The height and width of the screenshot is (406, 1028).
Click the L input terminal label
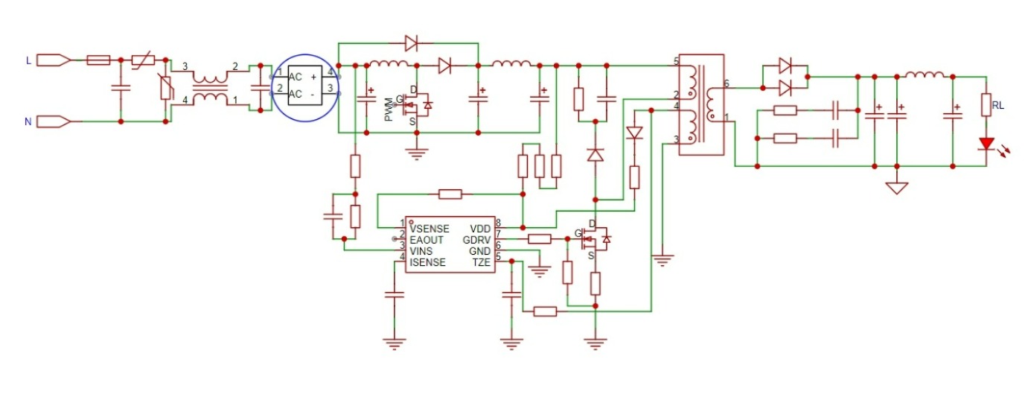tap(28, 60)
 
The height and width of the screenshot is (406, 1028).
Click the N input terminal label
tap(28, 121)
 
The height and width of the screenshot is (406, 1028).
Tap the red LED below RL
tap(987, 143)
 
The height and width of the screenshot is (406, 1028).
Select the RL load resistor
tap(987, 105)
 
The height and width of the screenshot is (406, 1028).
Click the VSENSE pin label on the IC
tap(430, 228)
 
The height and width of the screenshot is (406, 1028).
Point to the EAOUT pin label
tap(427, 240)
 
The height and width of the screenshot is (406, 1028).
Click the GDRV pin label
tap(475, 240)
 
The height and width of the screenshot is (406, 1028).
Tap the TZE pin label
tap(481, 262)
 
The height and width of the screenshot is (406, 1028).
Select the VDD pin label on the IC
tap(479, 228)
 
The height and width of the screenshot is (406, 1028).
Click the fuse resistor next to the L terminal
tap(98, 60)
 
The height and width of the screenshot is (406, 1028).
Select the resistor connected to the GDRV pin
tap(539, 239)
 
